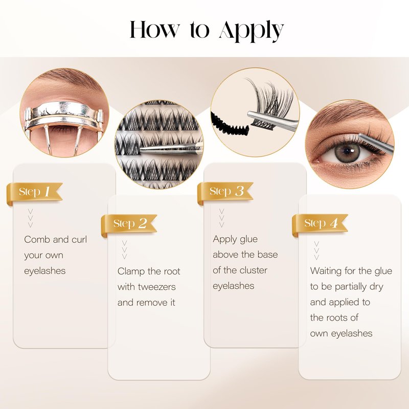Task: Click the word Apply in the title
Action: point(252,31)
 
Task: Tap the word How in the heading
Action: point(155,29)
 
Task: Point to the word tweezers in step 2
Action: point(156,287)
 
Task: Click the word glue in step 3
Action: point(248,240)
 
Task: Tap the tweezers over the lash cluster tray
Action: point(171,149)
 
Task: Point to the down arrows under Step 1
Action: point(30,218)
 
